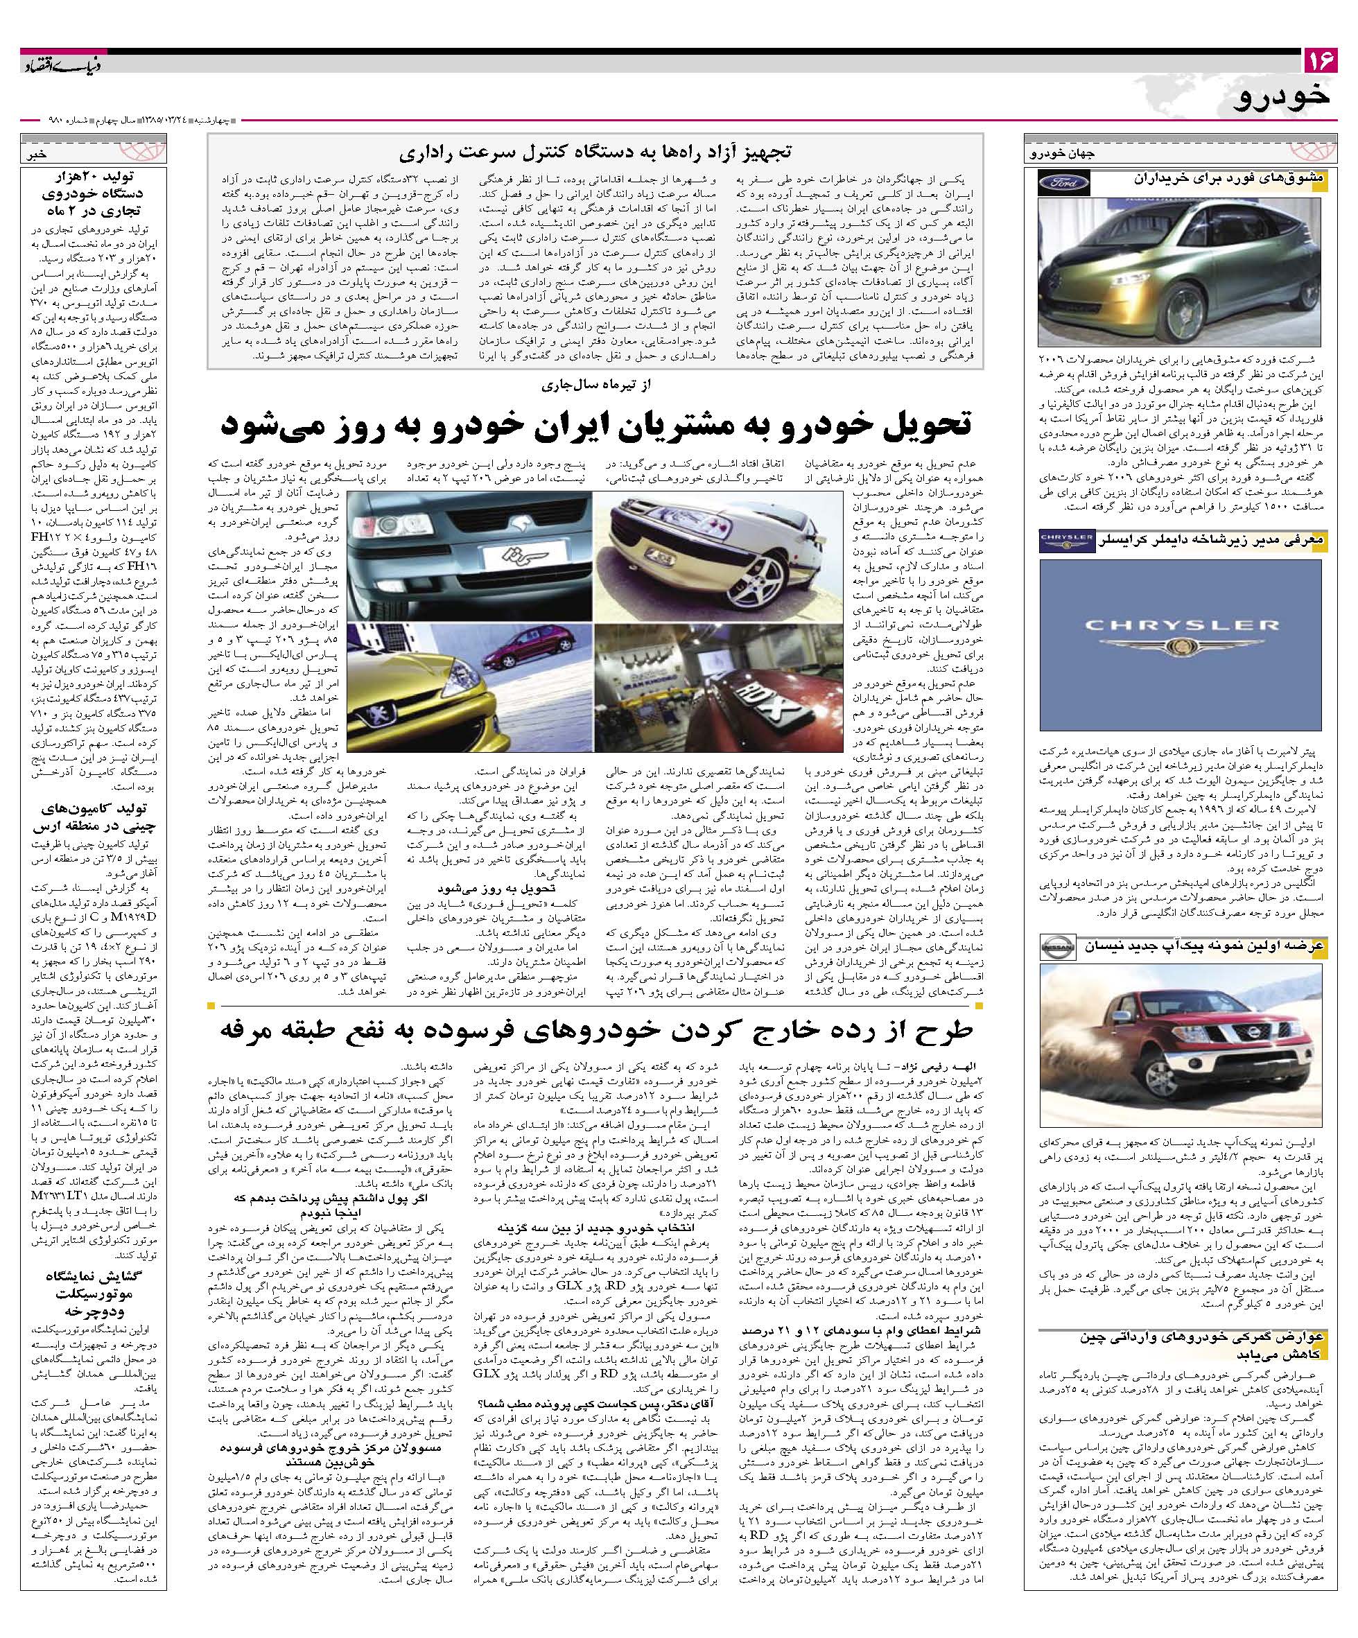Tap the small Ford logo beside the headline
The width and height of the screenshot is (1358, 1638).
tap(1063, 184)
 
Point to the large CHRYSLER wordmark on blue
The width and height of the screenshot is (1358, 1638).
tap(1180, 625)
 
